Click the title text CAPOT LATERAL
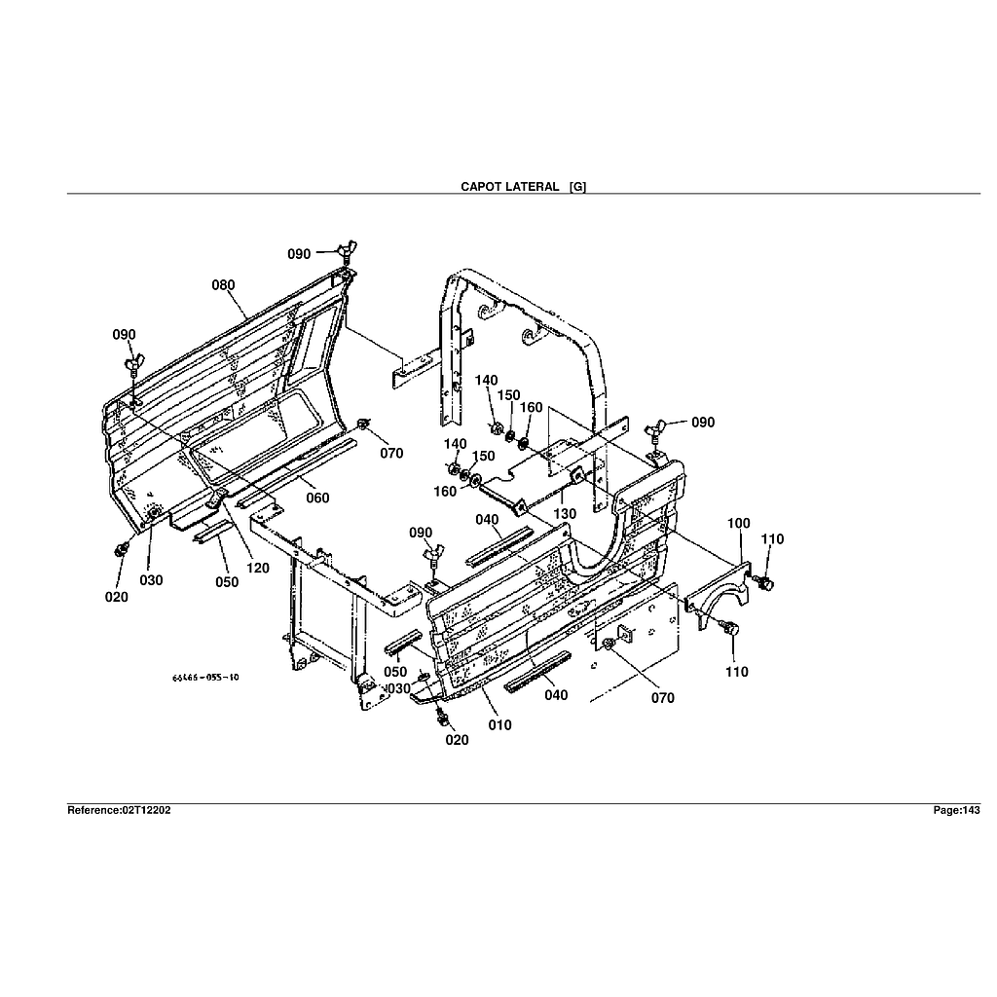pyautogui.click(x=509, y=186)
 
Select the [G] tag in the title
pyautogui.click(x=577, y=186)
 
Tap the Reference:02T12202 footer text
pyautogui.click(x=119, y=810)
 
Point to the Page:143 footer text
pyautogui.click(x=956, y=810)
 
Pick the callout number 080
pyautogui.click(x=224, y=285)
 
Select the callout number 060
pyautogui.click(x=317, y=498)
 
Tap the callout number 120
pyautogui.click(x=257, y=569)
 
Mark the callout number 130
pyautogui.click(x=565, y=513)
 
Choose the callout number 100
pyautogui.click(x=739, y=524)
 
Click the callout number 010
pyautogui.click(x=499, y=725)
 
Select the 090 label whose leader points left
pyautogui.click(x=703, y=423)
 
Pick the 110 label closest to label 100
pyautogui.click(x=772, y=539)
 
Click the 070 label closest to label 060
pyautogui.click(x=391, y=453)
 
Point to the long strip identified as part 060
pyautogui.click(x=292, y=474)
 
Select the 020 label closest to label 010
pyautogui.click(x=457, y=740)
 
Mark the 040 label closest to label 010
pyautogui.click(x=556, y=695)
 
